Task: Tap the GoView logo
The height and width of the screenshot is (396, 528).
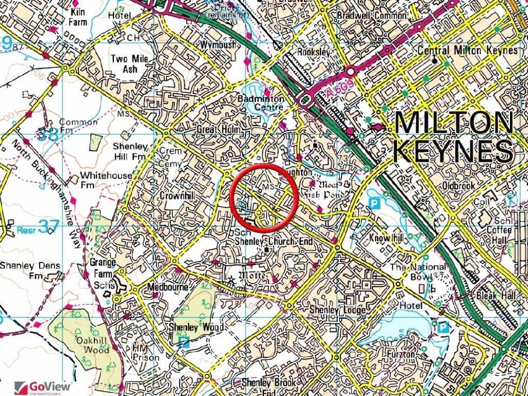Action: click(44, 387)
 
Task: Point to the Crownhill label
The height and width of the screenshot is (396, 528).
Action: click(177, 196)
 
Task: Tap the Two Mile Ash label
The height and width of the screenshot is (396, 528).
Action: click(129, 63)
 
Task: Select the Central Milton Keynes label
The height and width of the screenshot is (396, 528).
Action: click(467, 51)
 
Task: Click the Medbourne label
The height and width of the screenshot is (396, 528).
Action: click(168, 287)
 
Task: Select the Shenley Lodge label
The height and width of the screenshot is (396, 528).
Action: click(337, 310)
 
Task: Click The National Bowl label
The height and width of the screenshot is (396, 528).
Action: click(418, 272)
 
